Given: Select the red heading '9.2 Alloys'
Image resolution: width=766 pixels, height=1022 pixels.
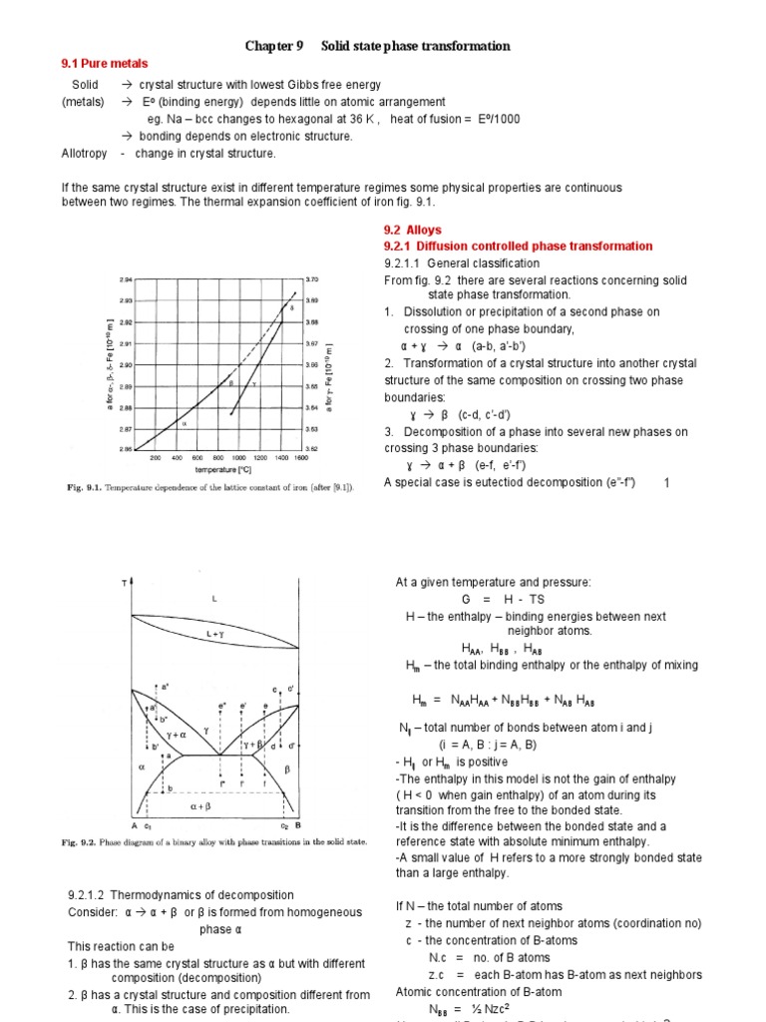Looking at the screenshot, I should tap(411, 230).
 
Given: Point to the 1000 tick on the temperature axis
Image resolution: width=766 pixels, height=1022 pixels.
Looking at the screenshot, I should tap(239, 458).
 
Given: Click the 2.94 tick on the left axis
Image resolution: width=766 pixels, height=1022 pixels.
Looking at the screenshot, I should tap(125, 279).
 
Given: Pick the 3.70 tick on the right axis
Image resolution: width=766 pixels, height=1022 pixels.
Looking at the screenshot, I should tap(311, 279).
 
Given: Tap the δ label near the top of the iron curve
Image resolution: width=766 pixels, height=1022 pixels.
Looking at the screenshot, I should tap(291, 308).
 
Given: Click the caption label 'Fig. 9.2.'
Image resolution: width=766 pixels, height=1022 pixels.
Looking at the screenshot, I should tap(80, 841).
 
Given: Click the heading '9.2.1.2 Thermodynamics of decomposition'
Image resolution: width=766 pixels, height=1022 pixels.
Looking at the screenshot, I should tap(181, 894).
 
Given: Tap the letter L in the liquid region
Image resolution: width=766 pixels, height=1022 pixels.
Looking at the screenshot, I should tap(213, 598).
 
